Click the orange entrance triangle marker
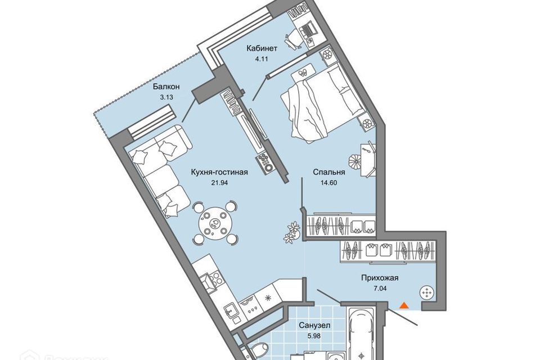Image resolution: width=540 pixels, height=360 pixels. coord(403,305)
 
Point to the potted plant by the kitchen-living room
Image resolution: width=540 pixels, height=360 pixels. coord(291,231)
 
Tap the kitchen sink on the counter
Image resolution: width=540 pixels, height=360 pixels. coord(230,308)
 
